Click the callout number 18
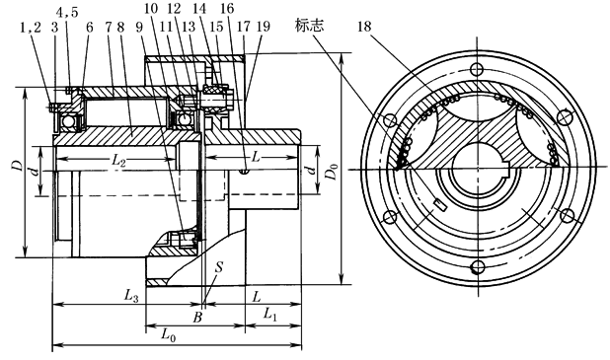(364, 27)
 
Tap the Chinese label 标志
(309, 26)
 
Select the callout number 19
(264, 26)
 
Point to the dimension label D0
(332, 172)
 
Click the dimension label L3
(131, 296)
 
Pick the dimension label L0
(169, 334)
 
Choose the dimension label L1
(270, 314)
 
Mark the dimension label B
(197, 318)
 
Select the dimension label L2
(118, 160)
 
